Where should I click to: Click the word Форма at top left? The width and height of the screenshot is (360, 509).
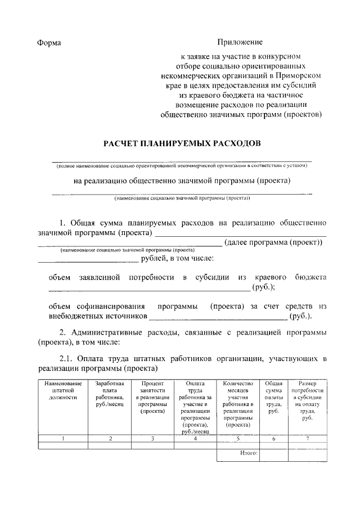49,43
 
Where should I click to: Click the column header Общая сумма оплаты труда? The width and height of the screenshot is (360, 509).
273,397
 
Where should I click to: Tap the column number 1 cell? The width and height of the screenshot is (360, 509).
64,438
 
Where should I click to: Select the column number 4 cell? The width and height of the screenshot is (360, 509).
195,438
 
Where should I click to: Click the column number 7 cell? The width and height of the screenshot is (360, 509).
307,438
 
